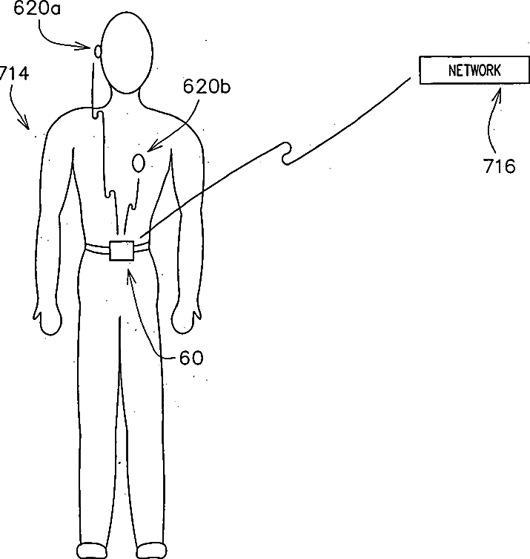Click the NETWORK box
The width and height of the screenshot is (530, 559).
(x=474, y=71)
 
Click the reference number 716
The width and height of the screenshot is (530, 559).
(x=500, y=166)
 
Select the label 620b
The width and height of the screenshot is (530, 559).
(x=207, y=87)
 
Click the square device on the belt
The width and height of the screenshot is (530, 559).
(x=122, y=249)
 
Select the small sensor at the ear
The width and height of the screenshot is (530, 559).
(x=97, y=51)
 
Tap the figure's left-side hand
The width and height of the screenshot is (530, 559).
(x=50, y=318)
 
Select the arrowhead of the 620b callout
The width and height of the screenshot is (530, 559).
(x=152, y=148)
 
